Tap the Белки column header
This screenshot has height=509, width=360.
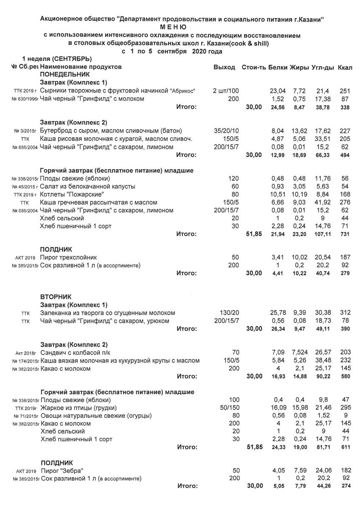coord(278,67)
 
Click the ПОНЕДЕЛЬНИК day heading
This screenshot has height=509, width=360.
coord(62,74)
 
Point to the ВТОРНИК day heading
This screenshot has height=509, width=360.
coord(56,296)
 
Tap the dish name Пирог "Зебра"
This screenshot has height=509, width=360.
coord(62,470)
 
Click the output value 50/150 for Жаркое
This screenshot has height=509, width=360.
coord(229,408)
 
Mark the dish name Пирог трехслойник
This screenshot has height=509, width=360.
coord(68,257)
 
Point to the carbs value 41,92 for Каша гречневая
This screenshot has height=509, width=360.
coord(321,203)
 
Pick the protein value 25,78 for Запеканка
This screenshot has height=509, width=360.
coord(278,313)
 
